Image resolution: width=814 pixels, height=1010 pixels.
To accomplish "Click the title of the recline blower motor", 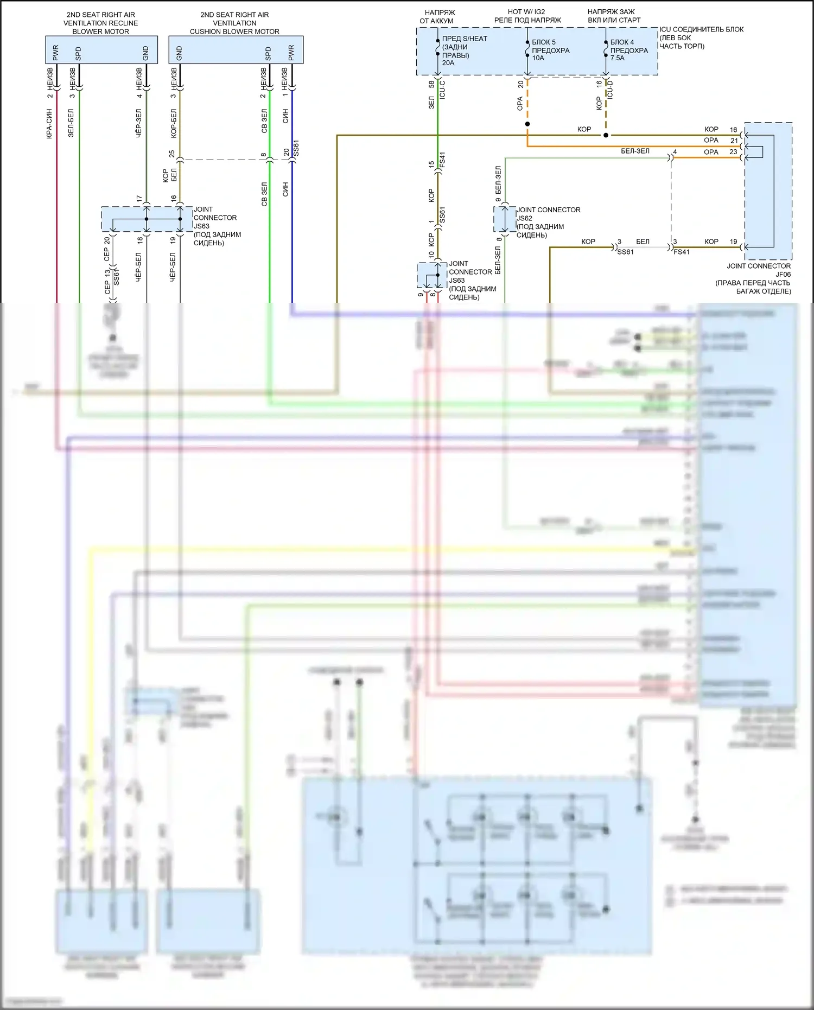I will [x=101, y=23].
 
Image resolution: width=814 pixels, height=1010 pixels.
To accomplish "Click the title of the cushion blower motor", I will [x=234, y=23].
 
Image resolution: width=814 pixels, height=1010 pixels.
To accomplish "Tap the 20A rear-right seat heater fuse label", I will [x=464, y=50].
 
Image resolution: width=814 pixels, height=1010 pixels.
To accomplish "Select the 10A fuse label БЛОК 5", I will [x=550, y=50].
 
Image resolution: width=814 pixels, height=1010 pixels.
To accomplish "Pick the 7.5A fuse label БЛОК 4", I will [x=629, y=50].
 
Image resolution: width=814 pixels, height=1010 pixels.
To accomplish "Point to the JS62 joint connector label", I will [x=548, y=222].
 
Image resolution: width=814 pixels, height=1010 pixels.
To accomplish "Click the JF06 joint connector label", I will [x=758, y=278].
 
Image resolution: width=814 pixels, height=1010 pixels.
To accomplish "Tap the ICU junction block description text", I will [x=701, y=37].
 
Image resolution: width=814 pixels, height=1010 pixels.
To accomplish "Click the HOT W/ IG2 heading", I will [x=527, y=16].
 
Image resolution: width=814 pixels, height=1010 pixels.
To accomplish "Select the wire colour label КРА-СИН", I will [x=49, y=124].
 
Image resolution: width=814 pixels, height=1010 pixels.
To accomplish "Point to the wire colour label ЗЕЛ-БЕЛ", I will [x=71, y=123].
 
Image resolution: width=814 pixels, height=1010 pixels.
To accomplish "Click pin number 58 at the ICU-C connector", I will [x=431, y=84].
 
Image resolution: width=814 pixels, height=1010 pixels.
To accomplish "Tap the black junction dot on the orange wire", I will [x=527, y=124].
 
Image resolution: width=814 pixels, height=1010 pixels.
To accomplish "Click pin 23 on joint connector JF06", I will [x=733, y=152].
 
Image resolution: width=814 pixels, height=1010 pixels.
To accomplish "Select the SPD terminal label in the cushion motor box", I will [x=268, y=53].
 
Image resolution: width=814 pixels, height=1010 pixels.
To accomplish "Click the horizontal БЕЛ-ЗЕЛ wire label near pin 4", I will [x=635, y=151].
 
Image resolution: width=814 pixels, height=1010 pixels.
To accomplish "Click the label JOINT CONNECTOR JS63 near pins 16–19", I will [x=217, y=226].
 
